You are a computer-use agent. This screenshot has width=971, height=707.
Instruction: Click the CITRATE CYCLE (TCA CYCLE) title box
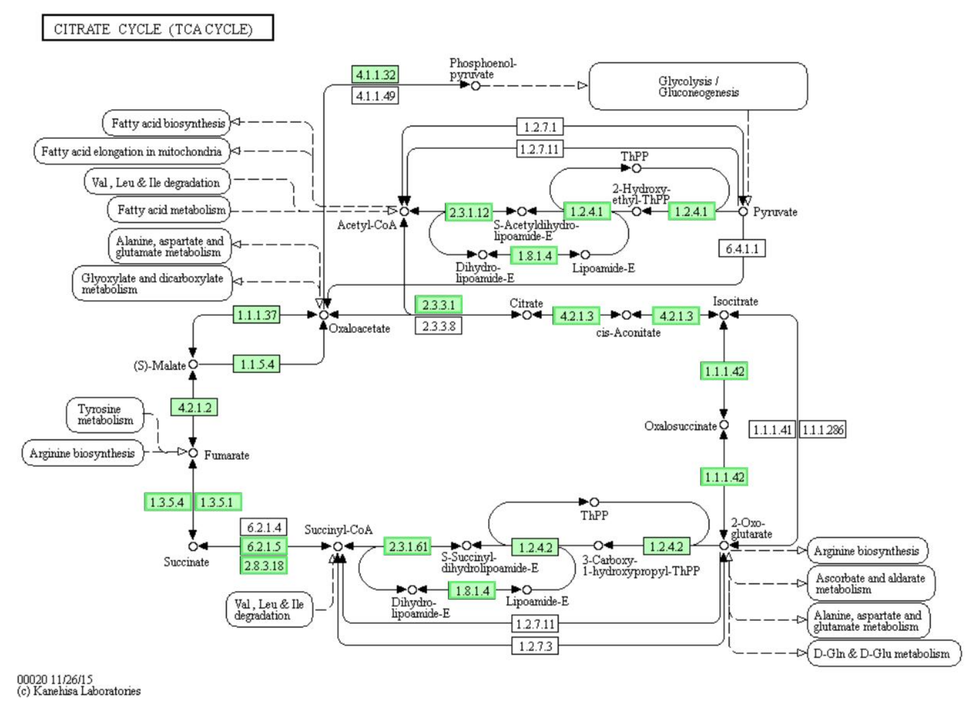click(x=158, y=28)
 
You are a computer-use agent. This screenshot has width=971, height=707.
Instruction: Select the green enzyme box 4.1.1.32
click(x=375, y=74)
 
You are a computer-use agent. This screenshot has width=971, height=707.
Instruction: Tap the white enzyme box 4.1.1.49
click(x=375, y=95)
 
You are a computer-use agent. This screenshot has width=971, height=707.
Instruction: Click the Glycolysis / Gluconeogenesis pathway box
click(x=698, y=86)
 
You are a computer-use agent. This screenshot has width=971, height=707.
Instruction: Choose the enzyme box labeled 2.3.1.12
click(x=469, y=212)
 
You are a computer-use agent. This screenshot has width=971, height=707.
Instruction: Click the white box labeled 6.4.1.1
click(x=742, y=248)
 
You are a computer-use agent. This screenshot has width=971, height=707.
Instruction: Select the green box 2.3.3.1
click(x=438, y=305)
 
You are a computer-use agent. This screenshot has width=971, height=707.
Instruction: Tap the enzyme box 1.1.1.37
click(x=257, y=315)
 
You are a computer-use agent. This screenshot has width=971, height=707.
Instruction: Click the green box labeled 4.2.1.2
click(x=194, y=407)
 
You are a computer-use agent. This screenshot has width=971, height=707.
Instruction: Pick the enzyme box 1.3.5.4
click(x=167, y=501)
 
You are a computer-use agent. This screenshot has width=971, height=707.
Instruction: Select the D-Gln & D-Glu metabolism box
click(x=884, y=653)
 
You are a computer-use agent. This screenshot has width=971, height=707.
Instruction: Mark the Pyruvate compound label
click(x=775, y=212)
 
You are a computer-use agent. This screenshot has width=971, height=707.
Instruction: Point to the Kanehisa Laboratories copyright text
click(x=79, y=691)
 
